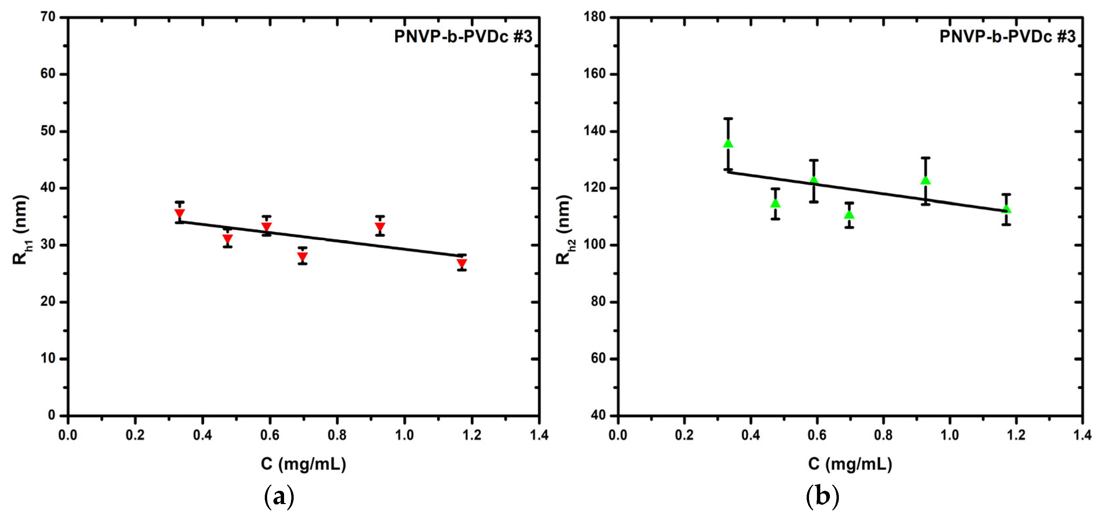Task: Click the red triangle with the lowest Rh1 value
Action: pyautogui.click(x=462, y=263)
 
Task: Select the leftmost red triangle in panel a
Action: pyautogui.click(x=180, y=213)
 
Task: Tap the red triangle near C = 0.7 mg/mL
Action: pyautogui.click(x=302, y=257)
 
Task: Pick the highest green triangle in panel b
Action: pyautogui.click(x=728, y=143)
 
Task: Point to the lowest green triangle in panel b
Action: pyautogui.click(x=849, y=214)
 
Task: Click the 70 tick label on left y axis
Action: pyautogui.click(x=48, y=17)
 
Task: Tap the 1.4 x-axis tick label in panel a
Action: pyautogui.click(x=539, y=435)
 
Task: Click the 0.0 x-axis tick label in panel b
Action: pyautogui.click(x=618, y=435)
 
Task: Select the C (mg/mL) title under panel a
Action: pyautogui.click(x=303, y=464)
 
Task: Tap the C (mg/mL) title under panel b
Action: pyautogui.click(x=850, y=464)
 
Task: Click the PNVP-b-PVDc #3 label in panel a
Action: pyautogui.click(x=463, y=37)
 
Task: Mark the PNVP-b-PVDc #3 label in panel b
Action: pyautogui.click(x=1007, y=37)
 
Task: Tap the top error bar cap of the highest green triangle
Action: pyautogui.click(x=728, y=118)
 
